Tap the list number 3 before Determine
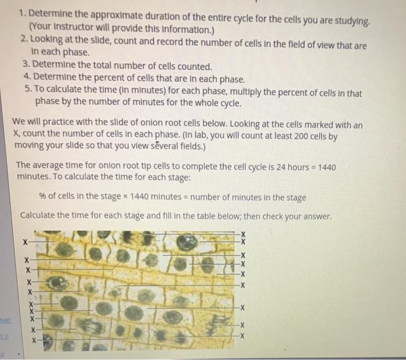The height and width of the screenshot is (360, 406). click(27, 66)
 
